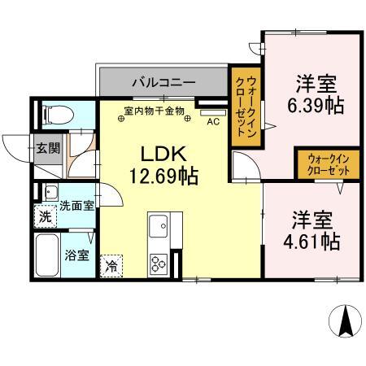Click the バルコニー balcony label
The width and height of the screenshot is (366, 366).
pos(163,81)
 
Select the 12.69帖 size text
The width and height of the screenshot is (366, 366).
pos(167,174)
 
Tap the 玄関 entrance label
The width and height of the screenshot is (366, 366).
pos(46,148)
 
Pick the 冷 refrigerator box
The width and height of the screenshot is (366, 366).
pos(111,266)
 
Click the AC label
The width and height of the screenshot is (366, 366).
pos(212,121)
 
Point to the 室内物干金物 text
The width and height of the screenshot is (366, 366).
pos(155,110)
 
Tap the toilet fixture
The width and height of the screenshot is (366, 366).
pos(57,114)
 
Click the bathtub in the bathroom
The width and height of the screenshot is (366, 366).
pos(49,256)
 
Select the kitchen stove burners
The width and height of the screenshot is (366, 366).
pos(157,262)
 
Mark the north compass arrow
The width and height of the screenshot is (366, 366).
pos(345,321)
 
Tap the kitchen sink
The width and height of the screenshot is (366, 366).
pos(157,224)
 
